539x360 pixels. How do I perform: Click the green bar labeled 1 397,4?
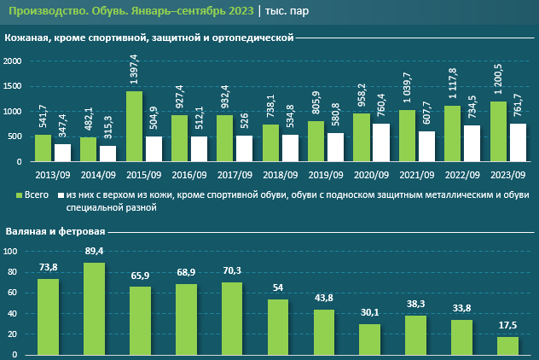tap(134, 126)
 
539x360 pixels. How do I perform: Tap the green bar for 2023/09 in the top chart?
tap(497, 131)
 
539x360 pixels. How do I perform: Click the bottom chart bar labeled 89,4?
tap(94, 309)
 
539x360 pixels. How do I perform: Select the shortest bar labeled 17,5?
tap(508, 346)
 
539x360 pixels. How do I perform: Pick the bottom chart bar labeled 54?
tap(278, 328)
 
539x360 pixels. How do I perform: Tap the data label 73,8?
tap(48, 268)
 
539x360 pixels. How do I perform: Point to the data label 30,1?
tap(370, 313)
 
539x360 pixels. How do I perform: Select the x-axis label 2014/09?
tap(98, 175)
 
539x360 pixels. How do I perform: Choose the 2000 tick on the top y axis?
tap(12, 61)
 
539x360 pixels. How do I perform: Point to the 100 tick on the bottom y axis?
tap(11, 252)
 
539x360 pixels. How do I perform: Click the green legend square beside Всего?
tap(20, 195)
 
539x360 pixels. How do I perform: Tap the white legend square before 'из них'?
tap(60, 195)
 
